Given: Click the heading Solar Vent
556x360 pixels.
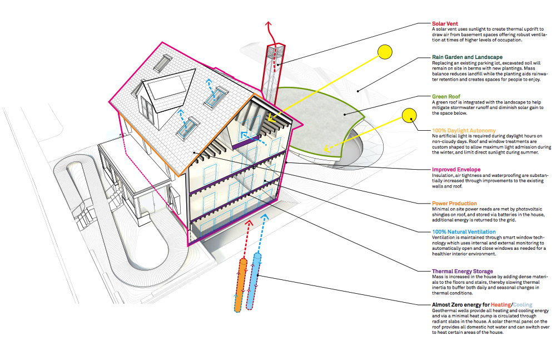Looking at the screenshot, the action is (445, 23).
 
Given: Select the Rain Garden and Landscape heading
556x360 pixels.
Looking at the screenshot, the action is (467, 57).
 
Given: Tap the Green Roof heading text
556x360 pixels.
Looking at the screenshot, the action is (446, 96).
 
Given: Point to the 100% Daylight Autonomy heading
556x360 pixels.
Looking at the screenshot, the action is (464, 130).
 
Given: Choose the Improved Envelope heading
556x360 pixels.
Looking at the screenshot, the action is (456, 169).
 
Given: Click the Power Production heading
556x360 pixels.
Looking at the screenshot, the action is (454, 204).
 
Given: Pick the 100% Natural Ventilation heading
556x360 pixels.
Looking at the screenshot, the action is (464, 232).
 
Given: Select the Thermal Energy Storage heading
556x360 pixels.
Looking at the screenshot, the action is (463, 271).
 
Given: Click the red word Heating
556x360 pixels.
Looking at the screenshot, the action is (501, 304).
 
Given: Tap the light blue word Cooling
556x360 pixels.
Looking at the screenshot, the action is (522, 304).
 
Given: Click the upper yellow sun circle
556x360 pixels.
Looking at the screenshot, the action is (385, 52).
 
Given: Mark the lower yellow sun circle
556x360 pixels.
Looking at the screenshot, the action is (409, 115).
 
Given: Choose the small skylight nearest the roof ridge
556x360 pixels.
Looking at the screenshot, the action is (166, 63).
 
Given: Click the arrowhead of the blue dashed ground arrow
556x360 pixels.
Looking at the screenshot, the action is (265, 216).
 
